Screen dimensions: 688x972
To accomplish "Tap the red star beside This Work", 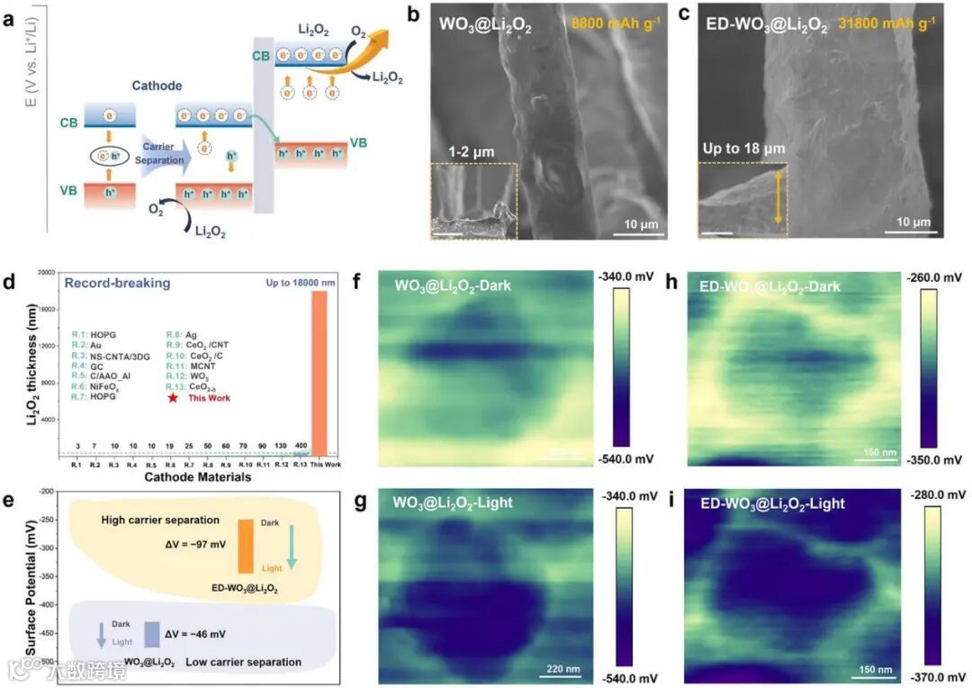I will pyautogui.click(x=172, y=396).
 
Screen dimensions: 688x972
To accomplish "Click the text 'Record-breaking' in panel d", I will pyautogui.click(x=116, y=283).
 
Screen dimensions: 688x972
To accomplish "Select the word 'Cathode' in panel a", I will pyautogui.click(x=157, y=86).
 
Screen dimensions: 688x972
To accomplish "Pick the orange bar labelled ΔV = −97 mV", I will pyautogui.click(x=245, y=547).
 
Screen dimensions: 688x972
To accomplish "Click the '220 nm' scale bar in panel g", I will pyautogui.click(x=558, y=669).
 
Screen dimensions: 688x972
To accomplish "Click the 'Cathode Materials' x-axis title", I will pyautogui.click(x=197, y=477).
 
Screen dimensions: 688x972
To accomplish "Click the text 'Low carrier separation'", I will pyautogui.click(x=243, y=663).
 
